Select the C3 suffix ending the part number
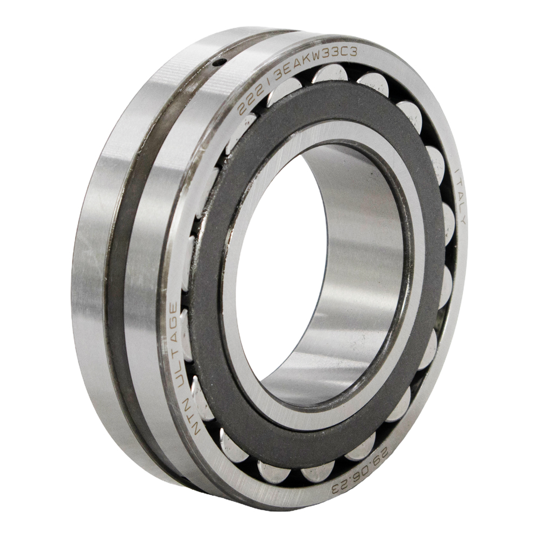(x=350, y=53)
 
